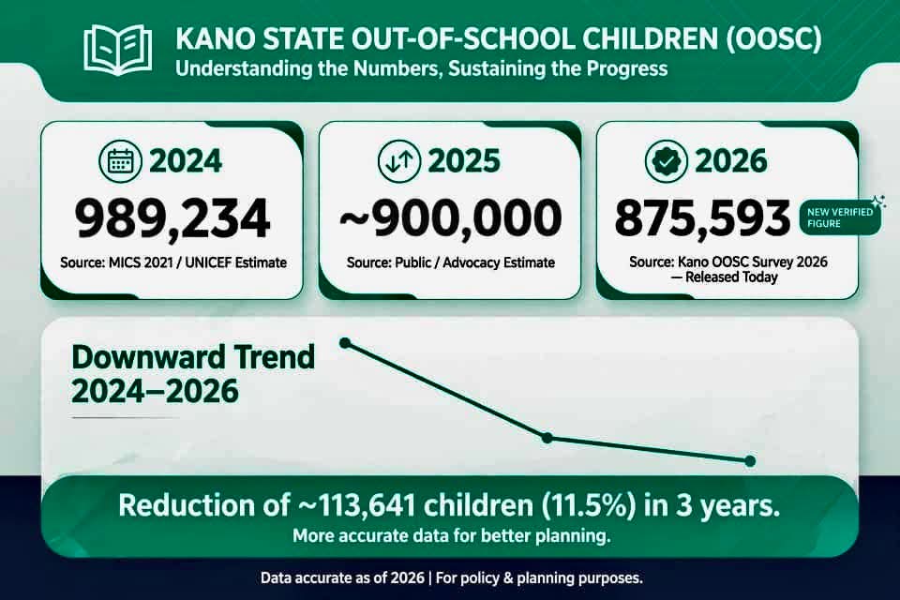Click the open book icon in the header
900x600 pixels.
pyautogui.click(x=118, y=50)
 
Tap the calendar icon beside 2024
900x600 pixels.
pyautogui.click(x=121, y=160)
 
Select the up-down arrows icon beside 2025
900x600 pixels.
pyautogui.click(x=399, y=160)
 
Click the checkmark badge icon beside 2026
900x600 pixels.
pyautogui.click(x=667, y=160)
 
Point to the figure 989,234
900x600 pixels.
pyautogui.click(x=172, y=218)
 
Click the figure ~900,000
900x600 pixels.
pyautogui.click(x=451, y=218)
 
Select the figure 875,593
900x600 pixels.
pyautogui.click(x=702, y=218)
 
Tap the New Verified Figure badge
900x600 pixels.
pyautogui.click(x=841, y=217)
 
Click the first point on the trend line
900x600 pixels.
pyautogui.click(x=345, y=343)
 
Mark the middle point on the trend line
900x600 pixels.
pyautogui.click(x=547, y=438)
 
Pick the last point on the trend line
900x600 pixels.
pyautogui.click(x=750, y=460)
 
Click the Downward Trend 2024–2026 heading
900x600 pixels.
pyautogui.click(x=193, y=374)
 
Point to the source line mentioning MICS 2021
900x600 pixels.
pyautogui.click(x=173, y=262)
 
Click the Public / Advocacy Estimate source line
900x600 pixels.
pyautogui.click(x=451, y=262)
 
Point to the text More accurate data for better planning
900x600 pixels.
pyautogui.click(x=451, y=536)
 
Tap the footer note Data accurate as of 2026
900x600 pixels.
pyautogui.click(x=342, y=577)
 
